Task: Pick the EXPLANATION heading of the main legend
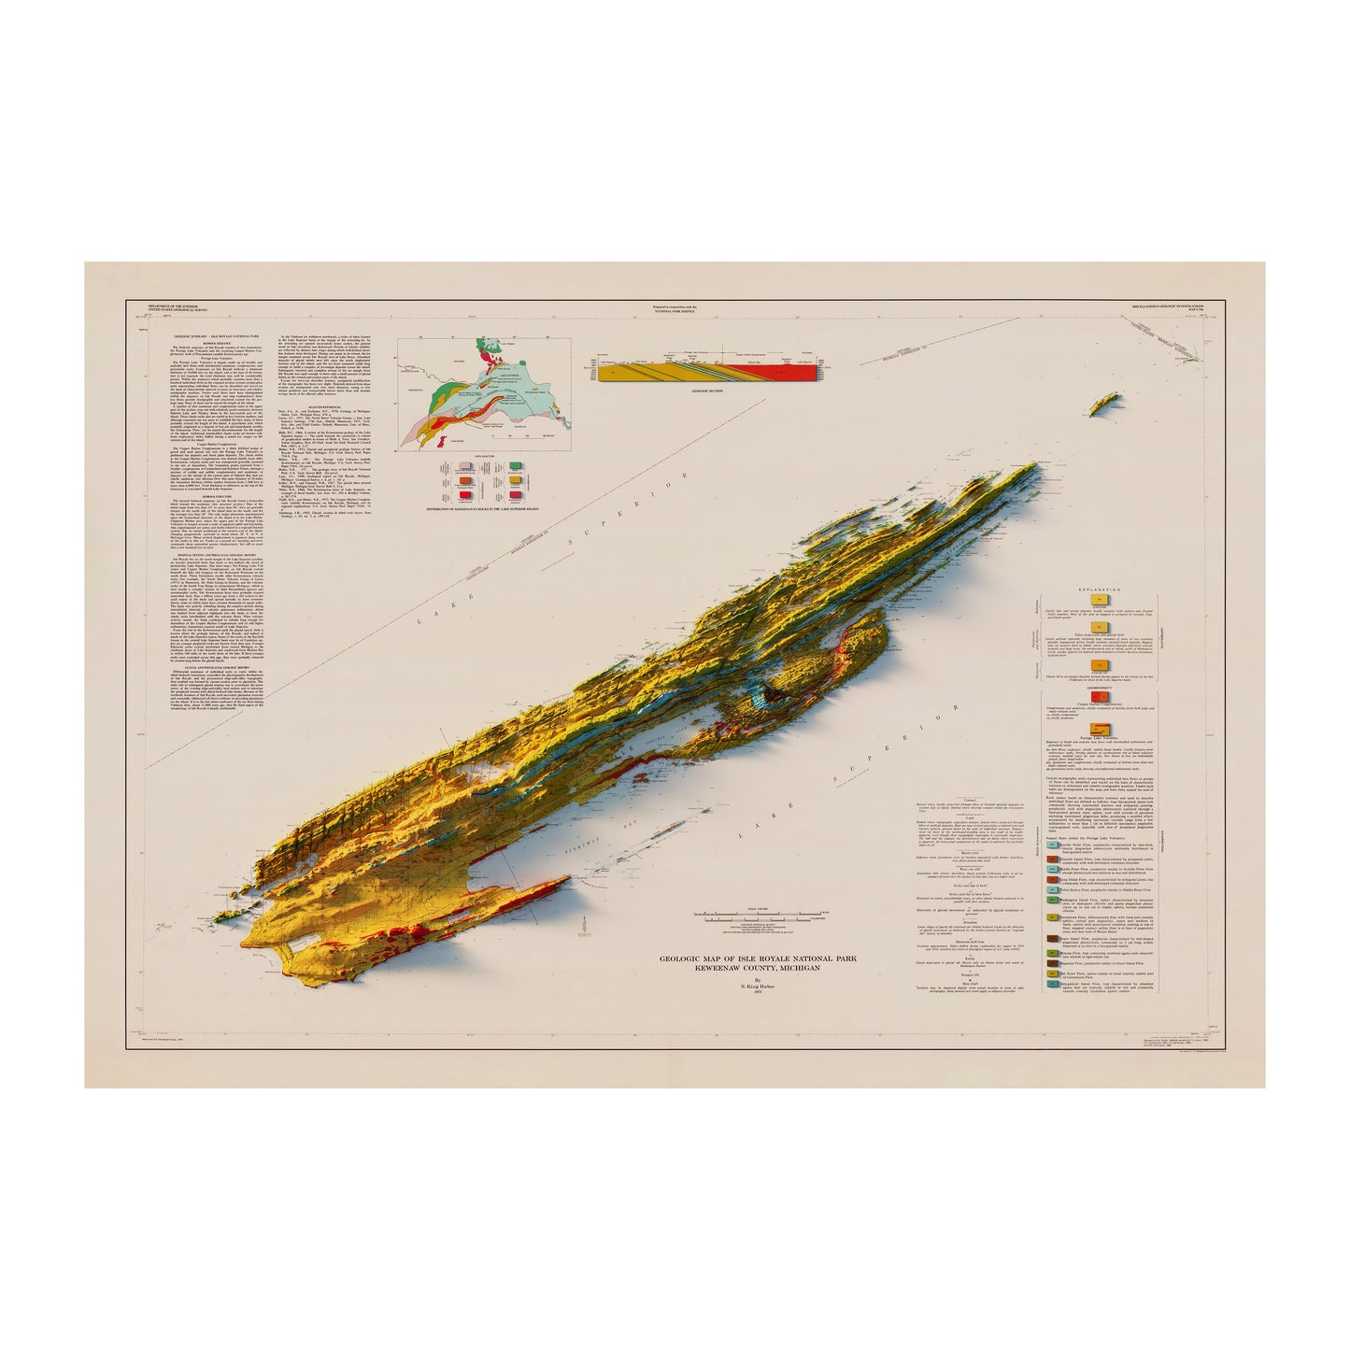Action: (1098, 591)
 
